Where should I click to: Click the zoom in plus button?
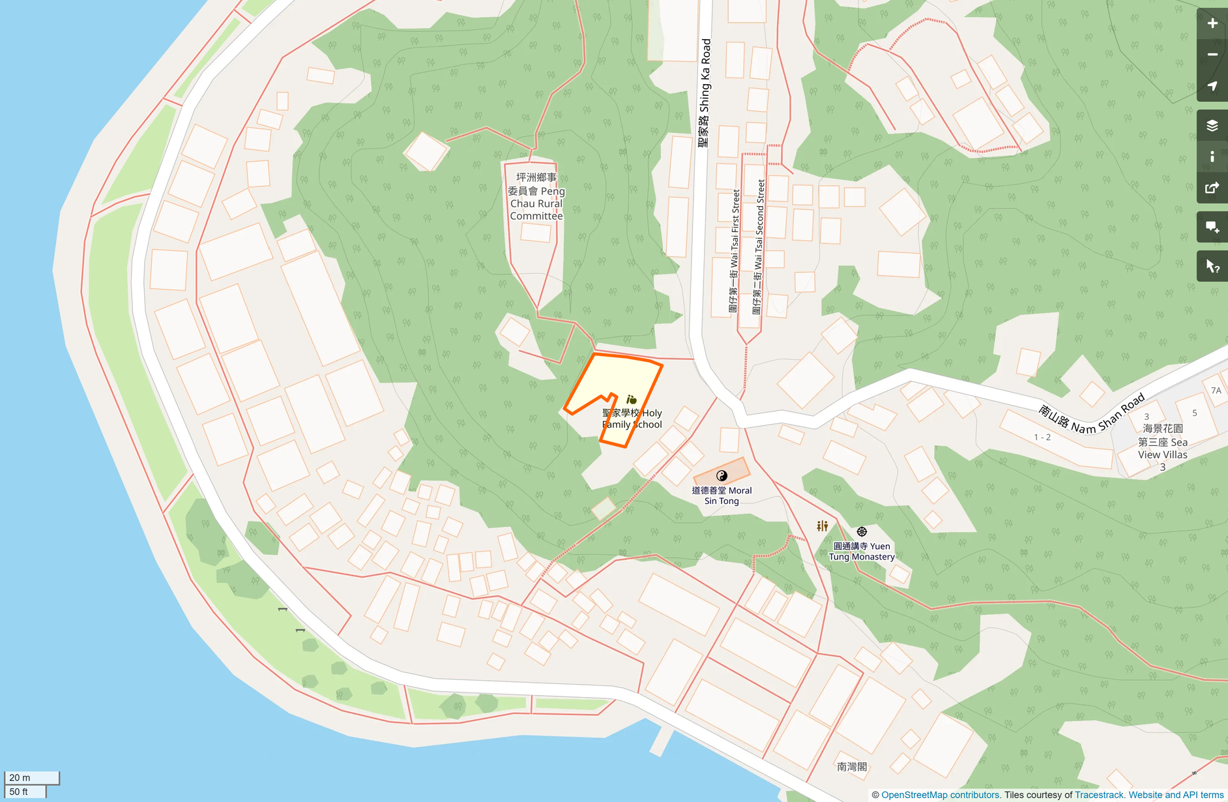click(x=1212, y=23)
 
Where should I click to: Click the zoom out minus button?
click(x=1212, y=55)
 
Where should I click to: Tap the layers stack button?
click(x=1212, y=125)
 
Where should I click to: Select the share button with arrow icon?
click(x=1212, y=188)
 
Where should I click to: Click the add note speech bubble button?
click(x=1212, y=227)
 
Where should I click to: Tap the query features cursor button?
click(x=1212, y=266)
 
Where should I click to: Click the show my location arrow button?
click(x=1212, y=86)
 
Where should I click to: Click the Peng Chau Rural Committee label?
click(x=536, y=196)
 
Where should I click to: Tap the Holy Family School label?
click(x=632, y=419)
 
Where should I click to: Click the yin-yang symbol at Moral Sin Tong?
click(x=722, y=475)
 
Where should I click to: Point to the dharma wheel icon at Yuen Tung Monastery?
click(x=862, y=532)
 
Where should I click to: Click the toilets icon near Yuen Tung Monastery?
click(x=823, y=526)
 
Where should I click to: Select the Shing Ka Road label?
click(x=704, y=93)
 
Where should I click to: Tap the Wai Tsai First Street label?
click(x=734, y=251)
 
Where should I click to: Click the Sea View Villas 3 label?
click(x=1162, y=447)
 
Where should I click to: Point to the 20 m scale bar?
click(x=31, y=777)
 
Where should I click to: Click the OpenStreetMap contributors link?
click(x=939, y=795)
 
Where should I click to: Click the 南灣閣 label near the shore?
click(x=851, y=767)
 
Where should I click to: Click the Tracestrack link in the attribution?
click(x=1099, y=795)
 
